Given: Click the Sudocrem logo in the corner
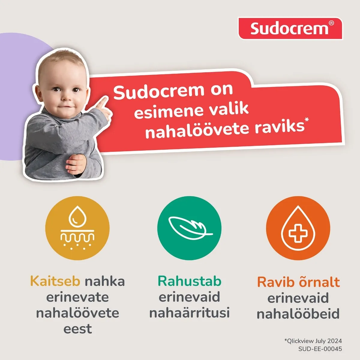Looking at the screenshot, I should point(290,28).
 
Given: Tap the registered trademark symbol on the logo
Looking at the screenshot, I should point(331,23).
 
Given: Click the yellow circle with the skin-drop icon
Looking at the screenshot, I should point(77,228).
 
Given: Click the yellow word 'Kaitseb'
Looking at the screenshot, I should point(55,281).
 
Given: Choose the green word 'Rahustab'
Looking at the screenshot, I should point(190,281).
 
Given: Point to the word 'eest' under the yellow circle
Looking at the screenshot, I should point(77,329).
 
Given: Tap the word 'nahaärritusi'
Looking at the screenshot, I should point(190,313).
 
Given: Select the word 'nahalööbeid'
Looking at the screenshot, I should point(298,314).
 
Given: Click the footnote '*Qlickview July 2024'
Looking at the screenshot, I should point(313,341).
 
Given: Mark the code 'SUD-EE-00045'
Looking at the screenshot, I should point(320,349).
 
